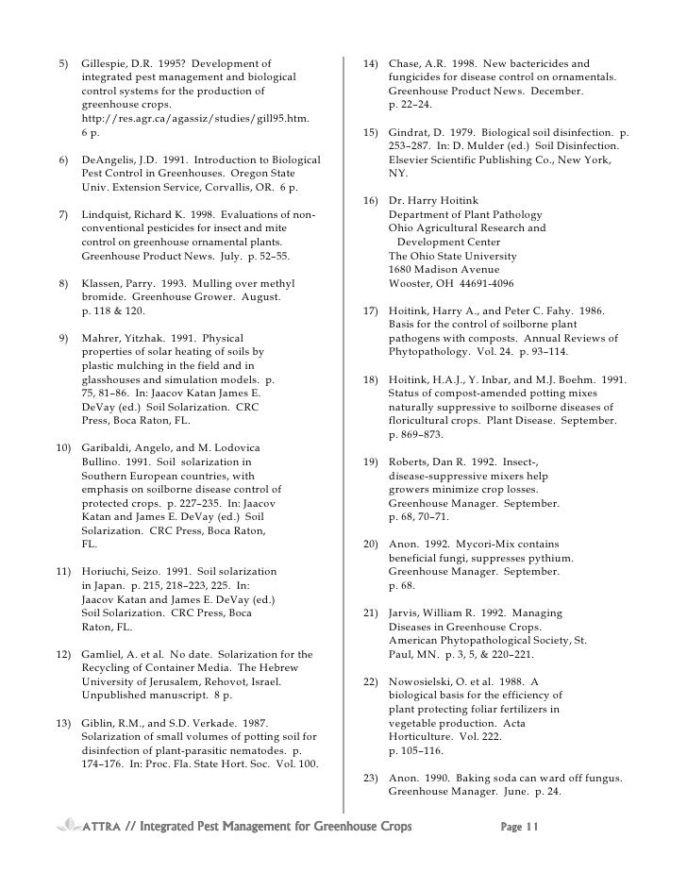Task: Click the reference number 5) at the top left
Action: tap(63, 63)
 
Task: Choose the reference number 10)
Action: tap(61, 446)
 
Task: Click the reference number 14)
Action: tap(370, 63)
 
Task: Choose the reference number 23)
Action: tap(370, 778)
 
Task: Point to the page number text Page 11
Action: tap(519, 828)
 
